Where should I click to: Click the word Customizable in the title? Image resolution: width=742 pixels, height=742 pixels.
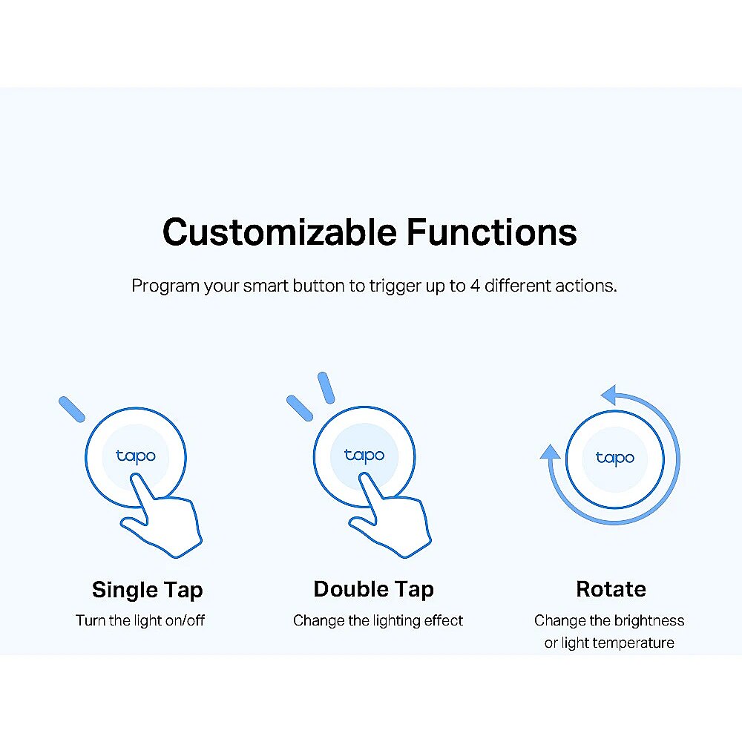279,232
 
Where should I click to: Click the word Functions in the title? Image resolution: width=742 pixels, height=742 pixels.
492,232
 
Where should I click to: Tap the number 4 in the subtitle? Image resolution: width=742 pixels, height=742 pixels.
475,286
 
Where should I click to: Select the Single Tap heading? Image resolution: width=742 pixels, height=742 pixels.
147,591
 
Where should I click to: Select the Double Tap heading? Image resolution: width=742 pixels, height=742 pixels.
373,590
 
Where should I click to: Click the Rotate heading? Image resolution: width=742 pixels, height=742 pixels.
611,589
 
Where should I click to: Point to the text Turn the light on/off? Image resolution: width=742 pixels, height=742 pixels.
140,620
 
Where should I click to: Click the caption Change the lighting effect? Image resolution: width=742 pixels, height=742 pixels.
378,620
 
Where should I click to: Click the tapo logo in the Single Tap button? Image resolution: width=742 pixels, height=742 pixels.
136,456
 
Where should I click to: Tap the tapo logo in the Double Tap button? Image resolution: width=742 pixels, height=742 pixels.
364,456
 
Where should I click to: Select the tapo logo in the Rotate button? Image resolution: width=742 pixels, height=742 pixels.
614,458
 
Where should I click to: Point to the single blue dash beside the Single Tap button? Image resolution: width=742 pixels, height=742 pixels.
72,409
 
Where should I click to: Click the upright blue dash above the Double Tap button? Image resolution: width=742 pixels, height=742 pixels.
326,387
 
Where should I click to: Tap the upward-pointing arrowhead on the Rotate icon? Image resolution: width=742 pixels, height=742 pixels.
550,451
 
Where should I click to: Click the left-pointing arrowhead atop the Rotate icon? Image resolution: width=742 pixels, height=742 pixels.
608,395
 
